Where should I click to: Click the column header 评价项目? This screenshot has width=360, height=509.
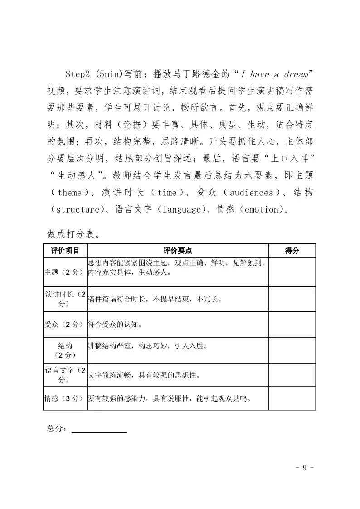click(x=65, y=251)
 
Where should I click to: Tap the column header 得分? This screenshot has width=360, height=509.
click(x=292, y=251)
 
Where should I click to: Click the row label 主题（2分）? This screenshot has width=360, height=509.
click(x=65, y=272)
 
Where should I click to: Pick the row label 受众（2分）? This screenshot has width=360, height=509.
click(x=65, y=325)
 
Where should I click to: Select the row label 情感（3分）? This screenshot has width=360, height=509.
click(x=65, y=399)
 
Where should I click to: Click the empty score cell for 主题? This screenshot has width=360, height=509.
click(x=292, y=272)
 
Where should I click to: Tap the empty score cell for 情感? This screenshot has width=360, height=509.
click(x=292, y=398)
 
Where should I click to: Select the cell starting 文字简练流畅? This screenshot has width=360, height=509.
click(x=144, y=375)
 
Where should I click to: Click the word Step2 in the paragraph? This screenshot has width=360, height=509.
click(x=79, y=73)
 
